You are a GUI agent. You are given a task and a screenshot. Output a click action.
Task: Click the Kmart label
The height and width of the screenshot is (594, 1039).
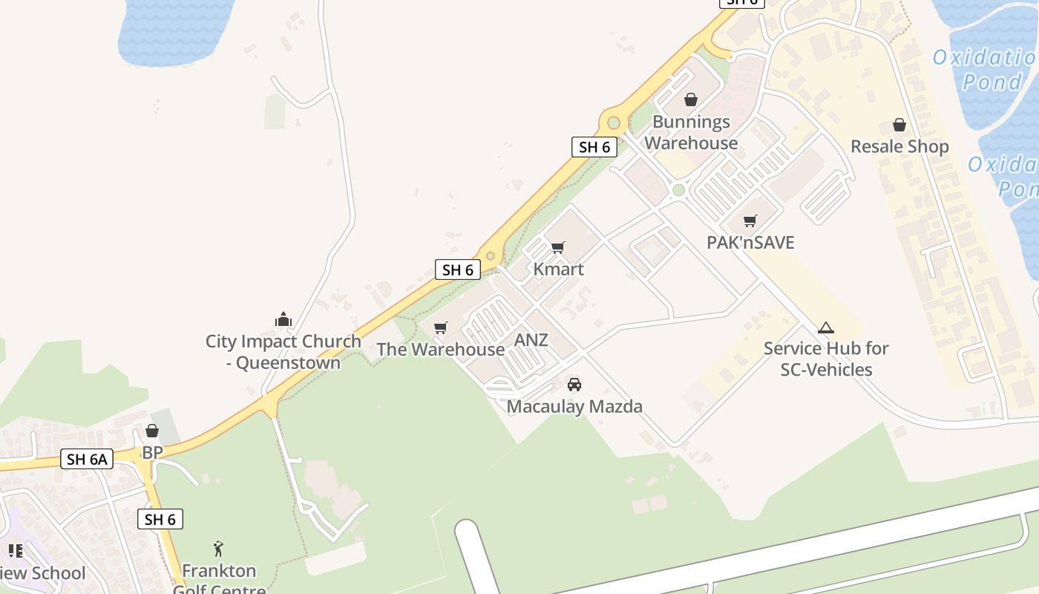pos(558,269)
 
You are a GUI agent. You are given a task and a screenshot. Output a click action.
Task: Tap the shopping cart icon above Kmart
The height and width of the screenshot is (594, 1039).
pos(558,247)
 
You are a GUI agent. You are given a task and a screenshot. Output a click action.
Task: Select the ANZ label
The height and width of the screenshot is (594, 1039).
pos(531,340)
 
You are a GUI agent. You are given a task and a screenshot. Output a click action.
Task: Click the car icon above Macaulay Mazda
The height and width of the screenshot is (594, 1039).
pos(574,385)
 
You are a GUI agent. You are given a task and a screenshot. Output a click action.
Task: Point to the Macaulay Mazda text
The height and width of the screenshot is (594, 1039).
pos(574,406)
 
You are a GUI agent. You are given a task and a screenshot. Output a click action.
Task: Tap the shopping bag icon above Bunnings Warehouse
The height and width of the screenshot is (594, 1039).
pos(691,99)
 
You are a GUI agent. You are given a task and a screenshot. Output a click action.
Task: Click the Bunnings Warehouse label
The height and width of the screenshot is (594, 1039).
pos(691,132)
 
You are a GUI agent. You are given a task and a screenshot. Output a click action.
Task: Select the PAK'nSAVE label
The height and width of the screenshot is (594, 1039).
pos(750,242)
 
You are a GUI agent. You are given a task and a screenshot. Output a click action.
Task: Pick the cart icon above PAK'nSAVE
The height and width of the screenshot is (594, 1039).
pos(750,221)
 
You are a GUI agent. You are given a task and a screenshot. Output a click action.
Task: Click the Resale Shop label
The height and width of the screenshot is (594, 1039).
pos(899,146)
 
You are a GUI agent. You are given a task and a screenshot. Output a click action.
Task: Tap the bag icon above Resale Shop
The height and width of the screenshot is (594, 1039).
pos(899,125)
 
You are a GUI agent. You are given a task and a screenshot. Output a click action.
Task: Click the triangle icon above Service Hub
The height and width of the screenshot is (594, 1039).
pos(825,327)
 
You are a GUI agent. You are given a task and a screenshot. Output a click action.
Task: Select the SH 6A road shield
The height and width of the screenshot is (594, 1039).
pos(87,459)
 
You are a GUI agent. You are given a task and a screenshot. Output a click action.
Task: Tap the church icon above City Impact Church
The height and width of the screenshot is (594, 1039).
pos(283,320)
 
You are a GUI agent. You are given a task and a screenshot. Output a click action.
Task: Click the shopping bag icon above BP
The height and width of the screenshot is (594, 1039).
pos(152,431)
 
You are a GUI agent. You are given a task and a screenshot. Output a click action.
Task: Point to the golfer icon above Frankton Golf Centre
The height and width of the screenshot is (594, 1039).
pos(218,549)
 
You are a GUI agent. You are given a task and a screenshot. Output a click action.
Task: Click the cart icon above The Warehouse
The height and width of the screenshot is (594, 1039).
pos(441,327)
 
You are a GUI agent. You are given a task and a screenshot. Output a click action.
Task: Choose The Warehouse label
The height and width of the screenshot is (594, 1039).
pos(440,349)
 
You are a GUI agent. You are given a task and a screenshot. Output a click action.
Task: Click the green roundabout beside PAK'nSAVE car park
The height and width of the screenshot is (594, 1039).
pos(678,190)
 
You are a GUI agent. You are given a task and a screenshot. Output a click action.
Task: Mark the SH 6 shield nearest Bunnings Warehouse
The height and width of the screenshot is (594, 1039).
pos(594,147)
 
